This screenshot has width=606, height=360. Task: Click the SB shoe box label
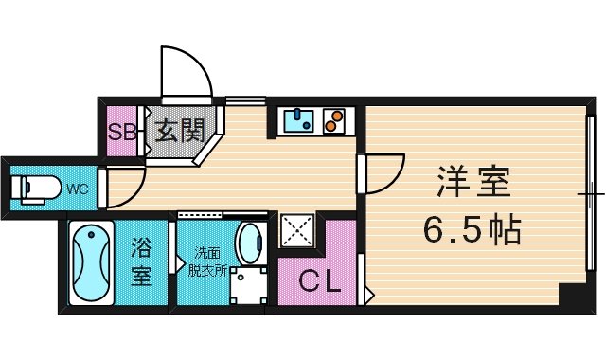pos(121,133)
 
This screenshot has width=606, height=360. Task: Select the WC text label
pos(78,189)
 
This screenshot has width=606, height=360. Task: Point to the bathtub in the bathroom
pos(92,263)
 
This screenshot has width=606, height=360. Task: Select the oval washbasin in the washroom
pos(250,242)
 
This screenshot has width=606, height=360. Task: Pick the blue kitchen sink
pos(299,119)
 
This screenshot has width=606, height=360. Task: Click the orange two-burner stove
pos(334,120)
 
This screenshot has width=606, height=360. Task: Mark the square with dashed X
pos(296,230)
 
